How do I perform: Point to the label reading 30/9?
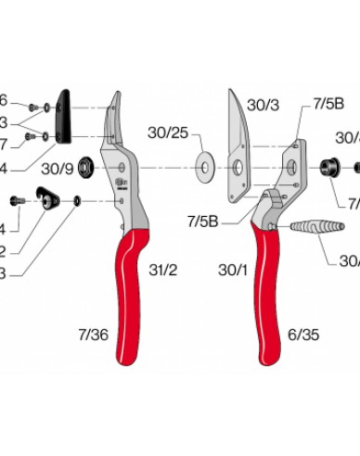coord(57,170)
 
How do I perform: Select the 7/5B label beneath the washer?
coord(201,221)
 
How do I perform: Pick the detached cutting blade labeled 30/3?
coord(242,148)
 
